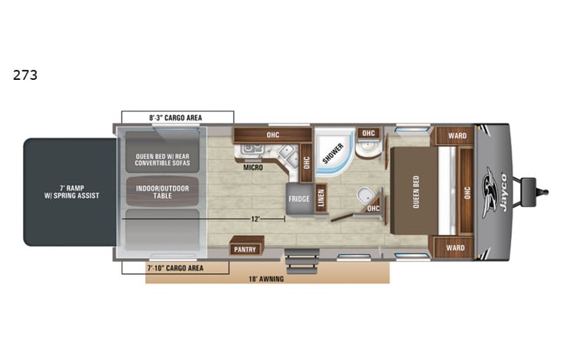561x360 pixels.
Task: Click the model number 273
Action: coord(25,75)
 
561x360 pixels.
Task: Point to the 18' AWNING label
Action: coord(266,279)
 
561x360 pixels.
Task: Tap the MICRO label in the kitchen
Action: coord(253,167)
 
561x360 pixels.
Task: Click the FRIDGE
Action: coord(299,198)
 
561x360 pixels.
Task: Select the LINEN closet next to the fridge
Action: coord(321,198)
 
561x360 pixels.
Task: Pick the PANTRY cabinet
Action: coord(246,249)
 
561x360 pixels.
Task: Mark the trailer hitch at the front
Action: coord(534,188)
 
